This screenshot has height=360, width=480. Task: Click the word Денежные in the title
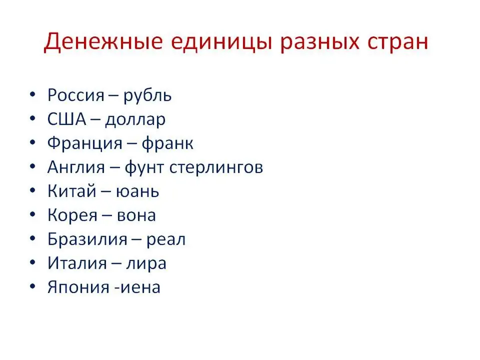103,41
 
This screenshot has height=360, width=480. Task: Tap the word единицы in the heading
221,42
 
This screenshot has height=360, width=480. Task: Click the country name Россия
76,95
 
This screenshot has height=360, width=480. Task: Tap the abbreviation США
66,119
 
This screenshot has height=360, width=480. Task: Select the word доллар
135,120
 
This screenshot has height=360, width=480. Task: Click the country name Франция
85,143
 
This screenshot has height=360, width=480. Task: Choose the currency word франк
167,144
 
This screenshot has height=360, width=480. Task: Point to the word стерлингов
216,168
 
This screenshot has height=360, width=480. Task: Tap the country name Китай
72,190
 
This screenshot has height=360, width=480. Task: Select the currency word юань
137,191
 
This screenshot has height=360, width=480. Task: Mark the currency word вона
136,216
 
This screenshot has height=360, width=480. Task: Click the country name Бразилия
87,239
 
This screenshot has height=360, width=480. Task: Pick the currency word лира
146,264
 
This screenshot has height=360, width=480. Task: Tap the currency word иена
140,288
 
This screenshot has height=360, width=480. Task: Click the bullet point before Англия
33,166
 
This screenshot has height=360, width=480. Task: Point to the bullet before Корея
33,214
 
